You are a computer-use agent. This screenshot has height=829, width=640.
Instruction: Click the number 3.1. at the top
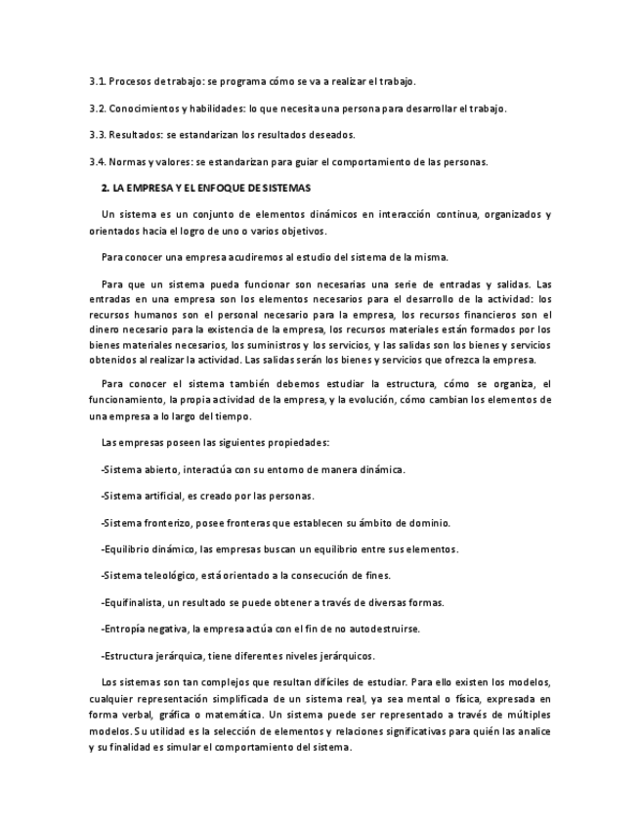97,80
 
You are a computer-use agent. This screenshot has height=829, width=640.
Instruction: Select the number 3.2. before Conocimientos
97,108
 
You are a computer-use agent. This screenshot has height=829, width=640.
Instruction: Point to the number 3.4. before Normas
97,161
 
